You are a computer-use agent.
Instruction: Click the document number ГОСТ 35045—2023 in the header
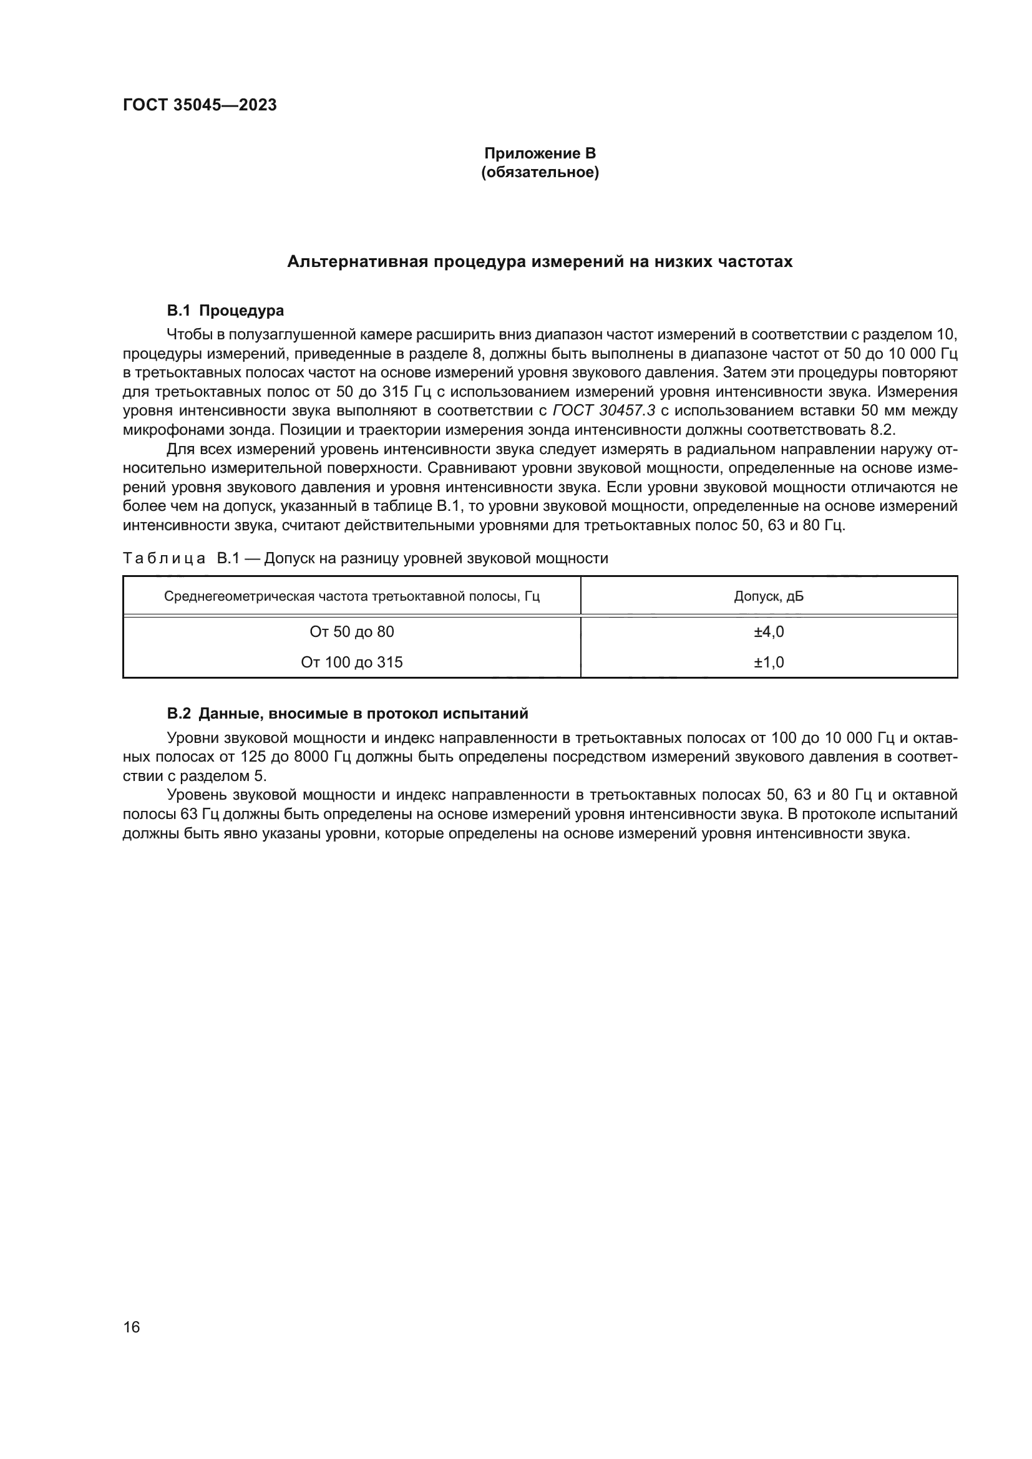[x=200, y=105]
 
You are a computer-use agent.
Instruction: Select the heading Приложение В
[x=540, y=153]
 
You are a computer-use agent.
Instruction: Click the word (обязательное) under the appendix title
[x=540, y=172]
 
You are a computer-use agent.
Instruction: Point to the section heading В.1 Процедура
[x=225, y=311]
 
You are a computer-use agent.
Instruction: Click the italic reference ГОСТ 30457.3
[x=604, y=410]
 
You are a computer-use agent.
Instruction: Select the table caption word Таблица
[x=163, y=558]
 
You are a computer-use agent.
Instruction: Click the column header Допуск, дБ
[x=768, y=597]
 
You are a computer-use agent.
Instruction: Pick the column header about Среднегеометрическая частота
[x=351, y=597]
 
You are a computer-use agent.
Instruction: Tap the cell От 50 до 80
[x=351, y=632]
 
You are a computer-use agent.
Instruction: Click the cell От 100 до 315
[x=351, y=662]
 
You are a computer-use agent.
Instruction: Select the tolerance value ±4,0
[x=768, y=632]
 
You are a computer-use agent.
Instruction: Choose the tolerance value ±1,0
[x=768, y=662]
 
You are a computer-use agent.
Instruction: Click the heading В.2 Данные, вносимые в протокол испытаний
[x=347, y=714]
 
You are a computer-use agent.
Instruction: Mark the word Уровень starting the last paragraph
[x=197, y=795]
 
